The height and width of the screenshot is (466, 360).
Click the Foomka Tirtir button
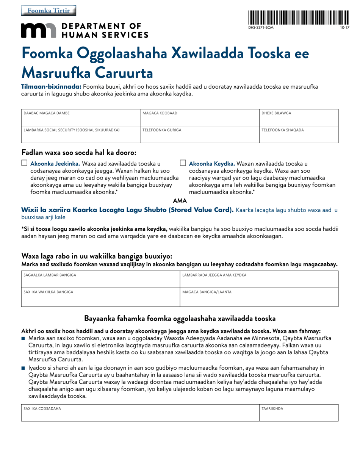click(49, 11)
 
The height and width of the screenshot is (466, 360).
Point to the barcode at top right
click(299, 18)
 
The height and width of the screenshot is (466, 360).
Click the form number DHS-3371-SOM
click(261, 28)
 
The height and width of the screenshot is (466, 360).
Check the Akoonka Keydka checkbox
click(183, 163)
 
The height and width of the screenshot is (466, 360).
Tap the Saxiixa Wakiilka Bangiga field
click(100, 298)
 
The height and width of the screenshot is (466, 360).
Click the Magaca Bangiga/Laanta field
click(259, 298)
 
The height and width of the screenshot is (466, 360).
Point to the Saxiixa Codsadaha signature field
click(140, 413)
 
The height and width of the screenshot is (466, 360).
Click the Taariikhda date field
click(299, 413)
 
